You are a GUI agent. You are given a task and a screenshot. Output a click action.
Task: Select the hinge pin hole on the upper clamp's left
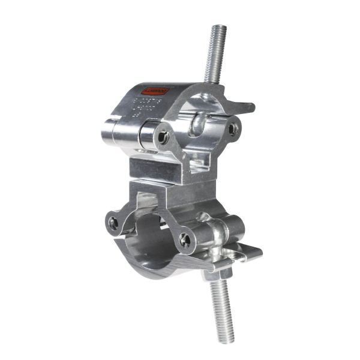(163, 137)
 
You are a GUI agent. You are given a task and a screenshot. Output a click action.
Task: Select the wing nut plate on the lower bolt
(240, 255)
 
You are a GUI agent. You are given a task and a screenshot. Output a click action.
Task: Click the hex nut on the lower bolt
(217, 274)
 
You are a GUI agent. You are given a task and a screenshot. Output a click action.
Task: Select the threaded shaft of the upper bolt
(217, 57)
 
